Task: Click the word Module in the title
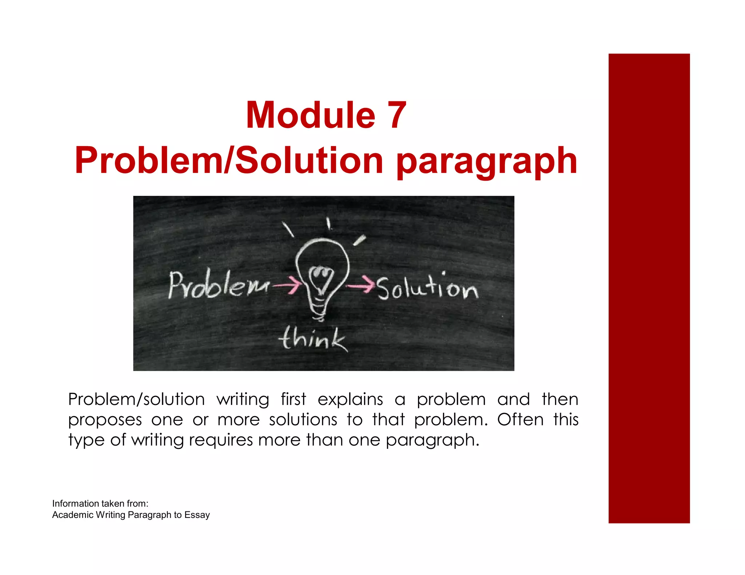point(310,115)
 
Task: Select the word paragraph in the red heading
point(486,161)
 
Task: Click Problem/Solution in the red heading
point(229,160)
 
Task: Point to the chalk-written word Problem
point(219,286)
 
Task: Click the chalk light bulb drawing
point(322,276)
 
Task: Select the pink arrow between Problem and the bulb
point(287,285)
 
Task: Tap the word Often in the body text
point(520,420)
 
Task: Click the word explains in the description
point(350,399)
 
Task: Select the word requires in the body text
point(221,440)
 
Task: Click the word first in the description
point(293,399)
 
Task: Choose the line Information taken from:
point(100,503)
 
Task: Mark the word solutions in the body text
point(303,420)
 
